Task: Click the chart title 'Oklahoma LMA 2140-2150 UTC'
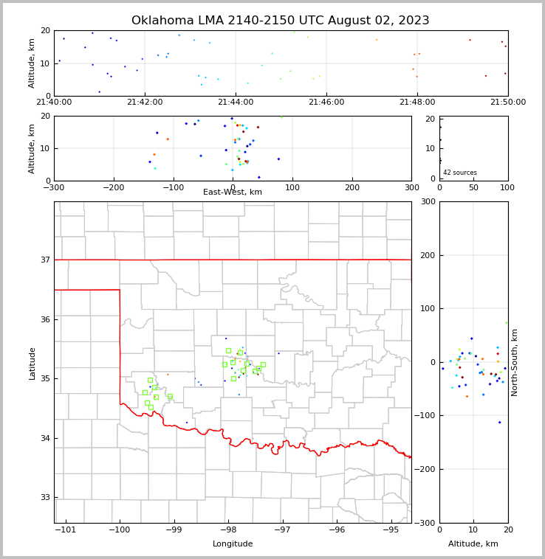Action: [281, 21]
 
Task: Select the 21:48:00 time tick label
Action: [417, 103]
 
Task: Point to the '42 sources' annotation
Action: [460, 173]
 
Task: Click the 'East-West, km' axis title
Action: [233, 192]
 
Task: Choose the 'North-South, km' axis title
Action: [515, 362]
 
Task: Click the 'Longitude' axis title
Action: [233, 544]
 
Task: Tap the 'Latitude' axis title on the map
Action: [32, 363]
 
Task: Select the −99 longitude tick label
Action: [174, 530]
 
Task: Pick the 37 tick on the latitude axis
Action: [44, 260]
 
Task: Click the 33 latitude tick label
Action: [44, 498]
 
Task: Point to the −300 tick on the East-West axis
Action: [54, 187]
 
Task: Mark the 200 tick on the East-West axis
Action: [352, 187]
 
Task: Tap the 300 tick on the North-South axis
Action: [427, 201]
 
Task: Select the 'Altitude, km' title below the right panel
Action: [473, 544]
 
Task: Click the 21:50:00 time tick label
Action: [508, 103]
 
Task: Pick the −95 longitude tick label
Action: [391, 530]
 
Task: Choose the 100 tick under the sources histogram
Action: [507, 187]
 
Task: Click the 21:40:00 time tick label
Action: [54, 103]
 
